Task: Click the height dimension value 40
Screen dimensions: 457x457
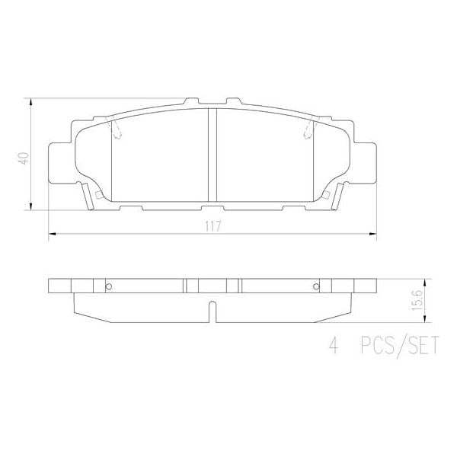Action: click(x=24, y=159)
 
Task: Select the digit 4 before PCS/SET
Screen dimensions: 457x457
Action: click(x=332, y=348)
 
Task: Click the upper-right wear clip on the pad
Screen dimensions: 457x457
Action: click(x=309, y=131)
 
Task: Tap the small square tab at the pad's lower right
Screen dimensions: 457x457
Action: click(x=327, y=196)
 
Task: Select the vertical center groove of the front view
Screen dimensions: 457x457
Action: click(x=213, y=155)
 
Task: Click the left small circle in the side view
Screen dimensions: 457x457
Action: click(x=108, y=286)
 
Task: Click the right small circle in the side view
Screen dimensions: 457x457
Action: click(x=315, y=286)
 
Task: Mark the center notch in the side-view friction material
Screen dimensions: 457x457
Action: click(x=213, y=312)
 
